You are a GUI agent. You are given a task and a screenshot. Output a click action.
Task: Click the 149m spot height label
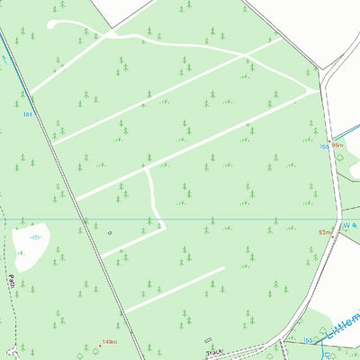111,342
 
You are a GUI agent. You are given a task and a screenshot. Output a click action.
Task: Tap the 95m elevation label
338,144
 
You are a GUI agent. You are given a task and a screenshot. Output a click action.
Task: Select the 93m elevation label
324,232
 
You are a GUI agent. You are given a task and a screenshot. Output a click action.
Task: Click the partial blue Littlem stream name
342,326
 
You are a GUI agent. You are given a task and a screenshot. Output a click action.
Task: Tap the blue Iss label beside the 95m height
324,146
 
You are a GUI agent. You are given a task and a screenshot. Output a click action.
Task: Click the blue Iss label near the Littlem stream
309,339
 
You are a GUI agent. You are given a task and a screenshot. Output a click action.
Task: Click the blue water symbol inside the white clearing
35,238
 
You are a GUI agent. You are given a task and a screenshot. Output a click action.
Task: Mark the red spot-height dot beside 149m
99,344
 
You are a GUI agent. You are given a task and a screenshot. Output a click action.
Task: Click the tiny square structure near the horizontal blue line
109,232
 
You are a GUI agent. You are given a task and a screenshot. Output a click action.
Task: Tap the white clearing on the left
32,246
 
